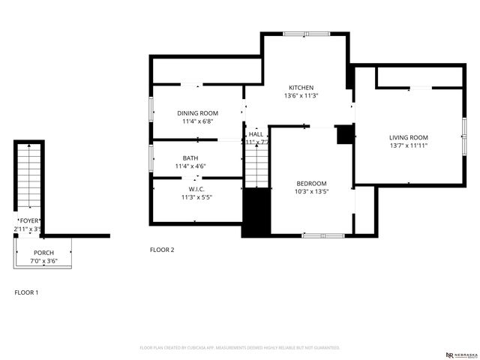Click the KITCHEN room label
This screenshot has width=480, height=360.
pyautogui.click(x=301, y=88)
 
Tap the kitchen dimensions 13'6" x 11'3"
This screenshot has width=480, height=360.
pyautogui.click(x=301, y=96)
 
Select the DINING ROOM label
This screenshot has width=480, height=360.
pyautogui.click(x=198, y=113)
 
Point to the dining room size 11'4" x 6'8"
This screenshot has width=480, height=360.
pyautogui.click(x=198, y=121)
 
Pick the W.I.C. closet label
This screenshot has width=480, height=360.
pyautogui.click(x=196, y=189)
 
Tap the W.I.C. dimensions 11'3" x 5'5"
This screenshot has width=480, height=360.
pyautogui.click(x=196, y=197)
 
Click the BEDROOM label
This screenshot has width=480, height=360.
pyautogui.click(x=311, y=184)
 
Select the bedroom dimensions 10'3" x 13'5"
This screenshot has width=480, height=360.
pyautogui.click(x=311, y=192)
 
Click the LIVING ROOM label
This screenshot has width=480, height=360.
pyautogui.click(x=409, y=137)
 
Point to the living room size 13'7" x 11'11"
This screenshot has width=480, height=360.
pyautogui.click(x=409, y=145)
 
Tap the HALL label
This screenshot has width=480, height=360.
pyautogui.click(x=256, y=134)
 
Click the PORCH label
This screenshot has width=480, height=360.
pyautogui.click(x=43, y=253)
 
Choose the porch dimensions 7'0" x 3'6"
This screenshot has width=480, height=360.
pyautogui.click(x=43, y=261)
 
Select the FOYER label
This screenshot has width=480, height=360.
pyautogui.click(x=29, y=220)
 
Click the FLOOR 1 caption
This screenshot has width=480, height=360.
pyautogui.click(x=27, y=292)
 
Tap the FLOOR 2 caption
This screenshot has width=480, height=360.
pyautogui.click(x=162, y=250)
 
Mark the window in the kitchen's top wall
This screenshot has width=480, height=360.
pyautogui.click(x=306, y=34)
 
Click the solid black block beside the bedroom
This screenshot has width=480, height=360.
pyautogui.click(x=256, y=212)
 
